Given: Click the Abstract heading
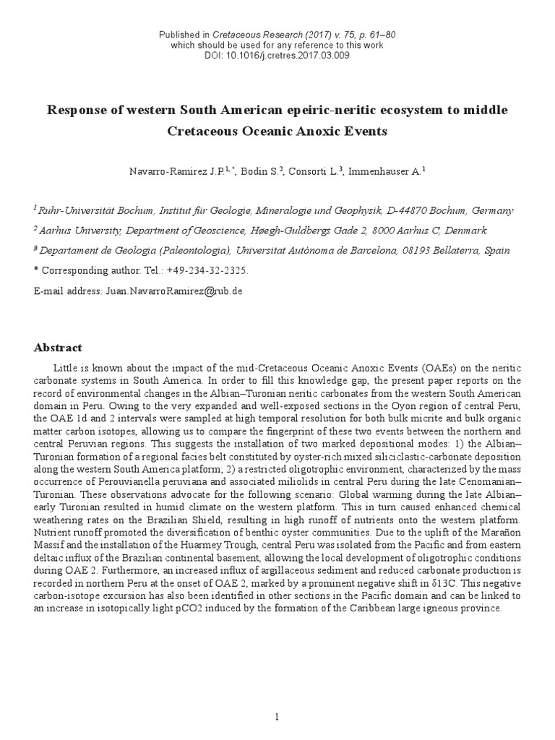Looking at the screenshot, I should [58, 348].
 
